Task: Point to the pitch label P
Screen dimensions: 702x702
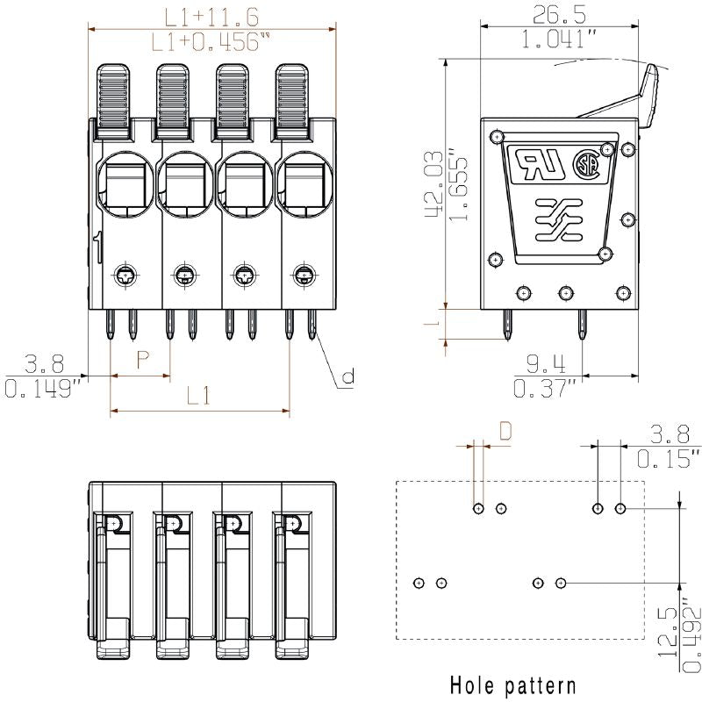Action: (x=141, y=359)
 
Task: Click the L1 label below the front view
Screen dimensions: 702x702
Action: (x=198, y=396)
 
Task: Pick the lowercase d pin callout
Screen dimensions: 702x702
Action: (x=347, y=377)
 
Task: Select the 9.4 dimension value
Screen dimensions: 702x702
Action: (x=546, y=362)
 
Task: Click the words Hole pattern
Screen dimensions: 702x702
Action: (x=513, y=684)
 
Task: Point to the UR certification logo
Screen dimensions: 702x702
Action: (x=538, y=164)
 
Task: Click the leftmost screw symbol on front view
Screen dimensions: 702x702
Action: (x=125, y=276)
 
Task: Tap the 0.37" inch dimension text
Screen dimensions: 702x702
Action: (x=546, y=388)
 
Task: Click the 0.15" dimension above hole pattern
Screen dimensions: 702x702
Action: (x=669, y=458)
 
